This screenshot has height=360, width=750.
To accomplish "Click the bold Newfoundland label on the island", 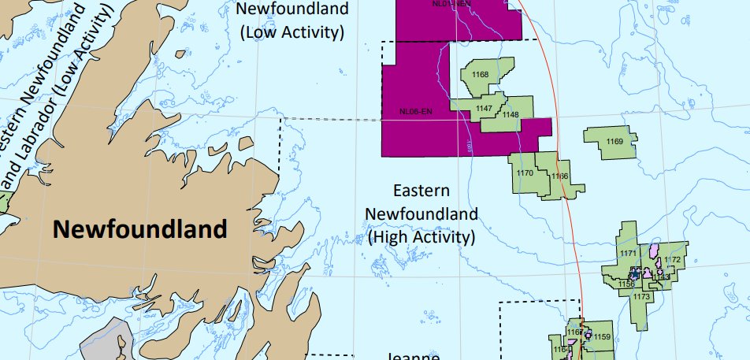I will click(x=139, y=229).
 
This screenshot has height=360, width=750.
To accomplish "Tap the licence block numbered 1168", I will click(x=480, y=75).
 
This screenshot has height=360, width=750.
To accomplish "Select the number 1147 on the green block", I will click(x=485, y=108).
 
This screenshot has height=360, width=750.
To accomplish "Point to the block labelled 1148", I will click(x=511, y=115).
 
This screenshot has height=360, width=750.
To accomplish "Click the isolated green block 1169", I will click(x=614, y=141).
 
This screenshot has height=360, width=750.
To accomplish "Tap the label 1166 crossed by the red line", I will click(x=560, y=176).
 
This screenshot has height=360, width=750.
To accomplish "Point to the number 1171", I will click(x=628, y=253).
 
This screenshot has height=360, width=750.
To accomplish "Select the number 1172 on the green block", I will click(x=673, y=260).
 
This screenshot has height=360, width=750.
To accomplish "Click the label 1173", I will click(x=641, y=296).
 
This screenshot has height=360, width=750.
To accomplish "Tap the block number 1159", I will click(x=602, y=337).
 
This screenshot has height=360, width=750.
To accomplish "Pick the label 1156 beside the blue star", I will click(x=626, y=284).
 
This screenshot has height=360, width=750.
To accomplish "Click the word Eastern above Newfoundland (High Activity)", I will click(x=421, y=191).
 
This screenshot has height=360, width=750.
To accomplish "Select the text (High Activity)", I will click(x=421, y=236).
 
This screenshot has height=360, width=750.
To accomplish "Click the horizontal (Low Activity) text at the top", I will click(x=292, y=32).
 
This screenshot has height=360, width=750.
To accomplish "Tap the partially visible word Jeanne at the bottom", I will click(x=414, y=355).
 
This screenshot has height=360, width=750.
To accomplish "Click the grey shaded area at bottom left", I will click(x=106, y=339).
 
